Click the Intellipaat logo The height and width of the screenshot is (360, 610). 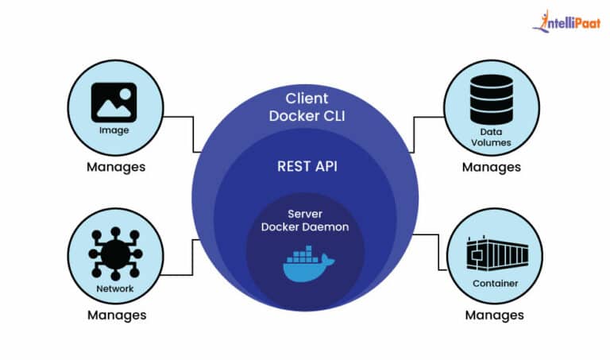click(567, 21)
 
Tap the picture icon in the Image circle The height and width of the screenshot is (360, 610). click(114, 103)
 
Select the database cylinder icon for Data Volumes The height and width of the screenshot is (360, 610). click(491, 99)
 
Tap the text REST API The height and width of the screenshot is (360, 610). click(306, 167)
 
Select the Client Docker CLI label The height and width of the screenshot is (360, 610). click(306, 108)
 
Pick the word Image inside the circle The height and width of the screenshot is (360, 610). click(114, 131)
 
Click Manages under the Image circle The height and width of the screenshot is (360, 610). click(115, 168)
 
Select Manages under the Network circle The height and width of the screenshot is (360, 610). click(117, 315)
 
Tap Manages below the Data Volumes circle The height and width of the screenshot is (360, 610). click(492, 168)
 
